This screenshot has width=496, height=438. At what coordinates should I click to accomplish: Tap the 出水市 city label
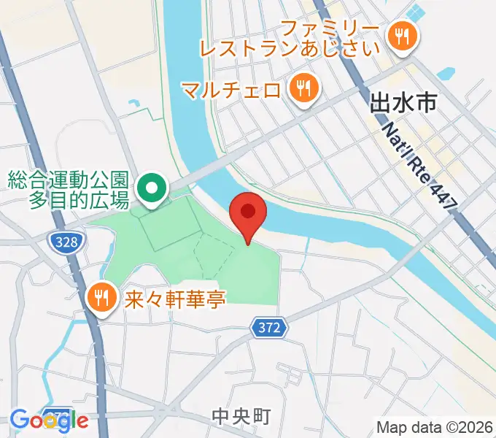click(x=403, y=103)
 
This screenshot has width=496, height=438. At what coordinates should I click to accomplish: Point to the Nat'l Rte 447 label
click(x=419, y=166)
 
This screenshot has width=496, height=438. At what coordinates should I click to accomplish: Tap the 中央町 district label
click(x=241, y=417)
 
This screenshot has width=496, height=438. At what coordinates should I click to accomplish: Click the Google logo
click(x=49, y=420)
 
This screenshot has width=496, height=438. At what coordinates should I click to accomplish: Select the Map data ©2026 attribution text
click(x=435, y=426)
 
